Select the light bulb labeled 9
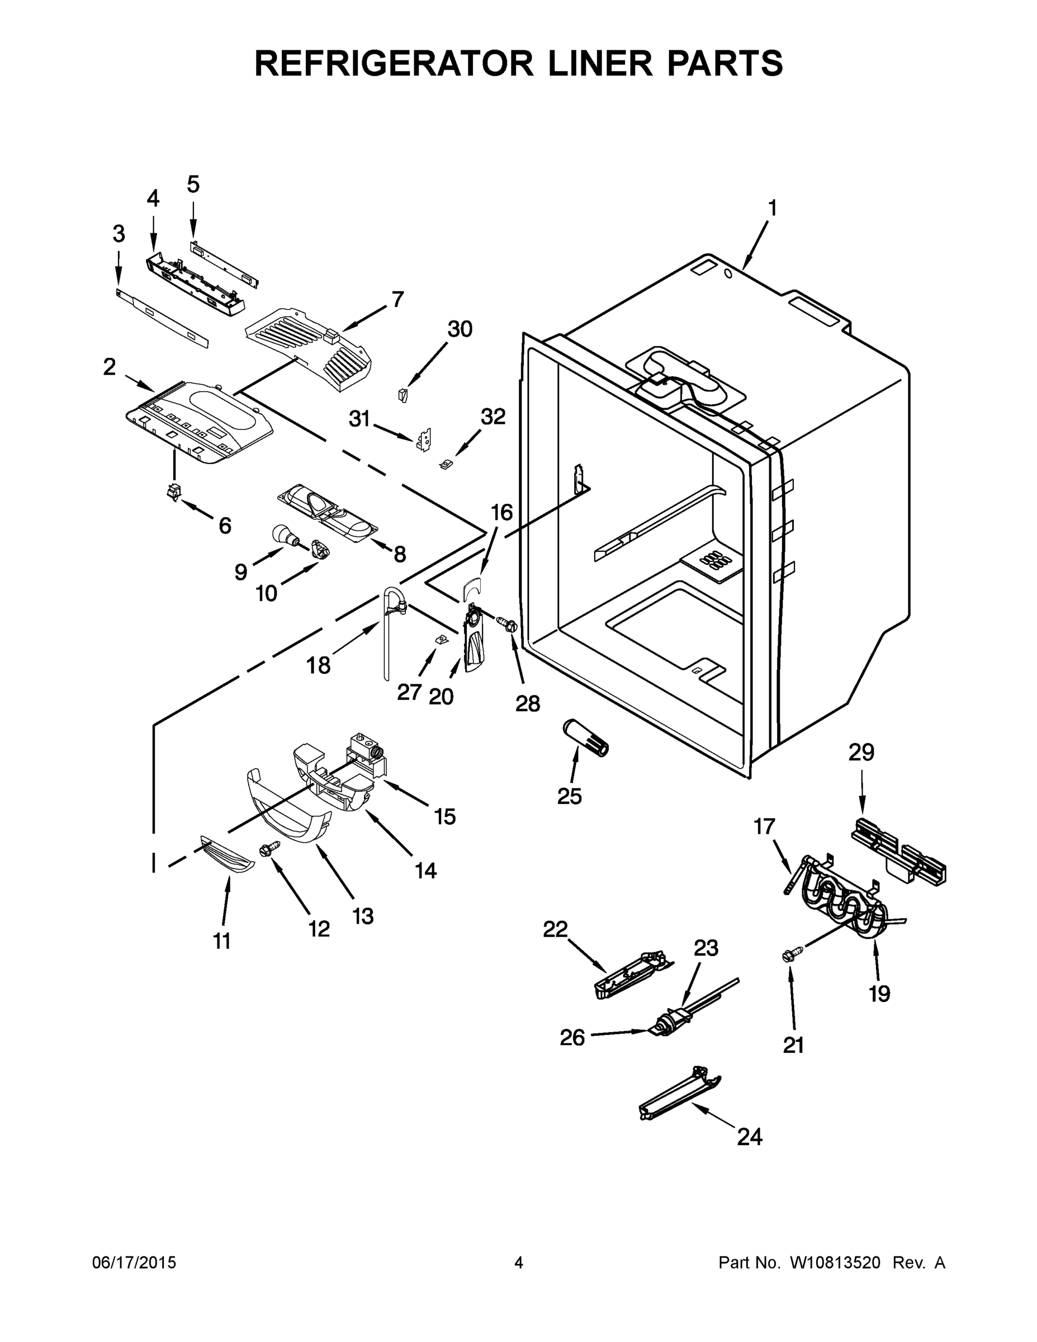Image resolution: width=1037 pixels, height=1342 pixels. coord(285,535)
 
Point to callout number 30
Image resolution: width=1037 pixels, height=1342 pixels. coord(460,329)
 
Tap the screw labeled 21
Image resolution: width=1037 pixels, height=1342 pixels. coord(788,956)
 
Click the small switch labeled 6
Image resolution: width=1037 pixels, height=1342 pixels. coord(175,492)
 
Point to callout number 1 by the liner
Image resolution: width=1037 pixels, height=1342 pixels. coord(772,209)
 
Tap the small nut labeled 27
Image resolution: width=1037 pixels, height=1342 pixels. coord(440,640)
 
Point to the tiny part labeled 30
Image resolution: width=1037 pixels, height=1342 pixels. coord(403,394)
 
